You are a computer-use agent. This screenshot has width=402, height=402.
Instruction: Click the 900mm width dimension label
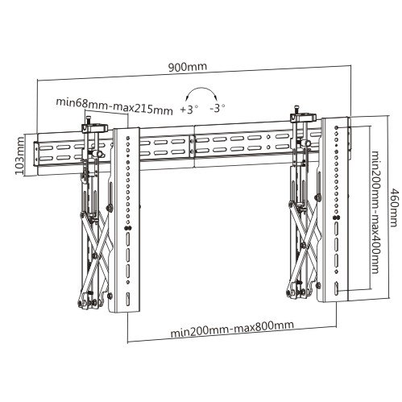[188, 67]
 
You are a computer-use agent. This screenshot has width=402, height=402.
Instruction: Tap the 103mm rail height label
[19, 155]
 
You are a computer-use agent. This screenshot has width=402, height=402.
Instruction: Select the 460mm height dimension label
[394, 208]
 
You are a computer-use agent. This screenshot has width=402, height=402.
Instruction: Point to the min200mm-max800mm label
[232, 329]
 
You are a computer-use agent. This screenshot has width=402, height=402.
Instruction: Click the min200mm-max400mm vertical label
[375, 212]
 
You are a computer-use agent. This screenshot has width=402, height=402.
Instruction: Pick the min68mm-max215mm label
[114, 106]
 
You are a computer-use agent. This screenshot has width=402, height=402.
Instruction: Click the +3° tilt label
[189, 109]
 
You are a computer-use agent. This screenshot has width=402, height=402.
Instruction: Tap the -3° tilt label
[218, 108]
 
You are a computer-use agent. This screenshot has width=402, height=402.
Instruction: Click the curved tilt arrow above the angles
[202, 89]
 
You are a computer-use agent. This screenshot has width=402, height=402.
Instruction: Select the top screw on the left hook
[89, 120]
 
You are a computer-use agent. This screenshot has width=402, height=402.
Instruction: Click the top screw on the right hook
[296, 110]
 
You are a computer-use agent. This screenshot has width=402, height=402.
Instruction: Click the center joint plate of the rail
[193, 147]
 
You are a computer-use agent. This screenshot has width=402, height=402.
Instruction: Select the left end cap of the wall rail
[35, 153]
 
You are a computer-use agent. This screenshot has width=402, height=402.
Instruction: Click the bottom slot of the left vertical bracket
[128, 299]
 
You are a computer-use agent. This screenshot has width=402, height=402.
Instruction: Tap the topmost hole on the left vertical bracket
[127, 138]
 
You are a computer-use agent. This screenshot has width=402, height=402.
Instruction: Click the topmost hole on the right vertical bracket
[337, 127]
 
